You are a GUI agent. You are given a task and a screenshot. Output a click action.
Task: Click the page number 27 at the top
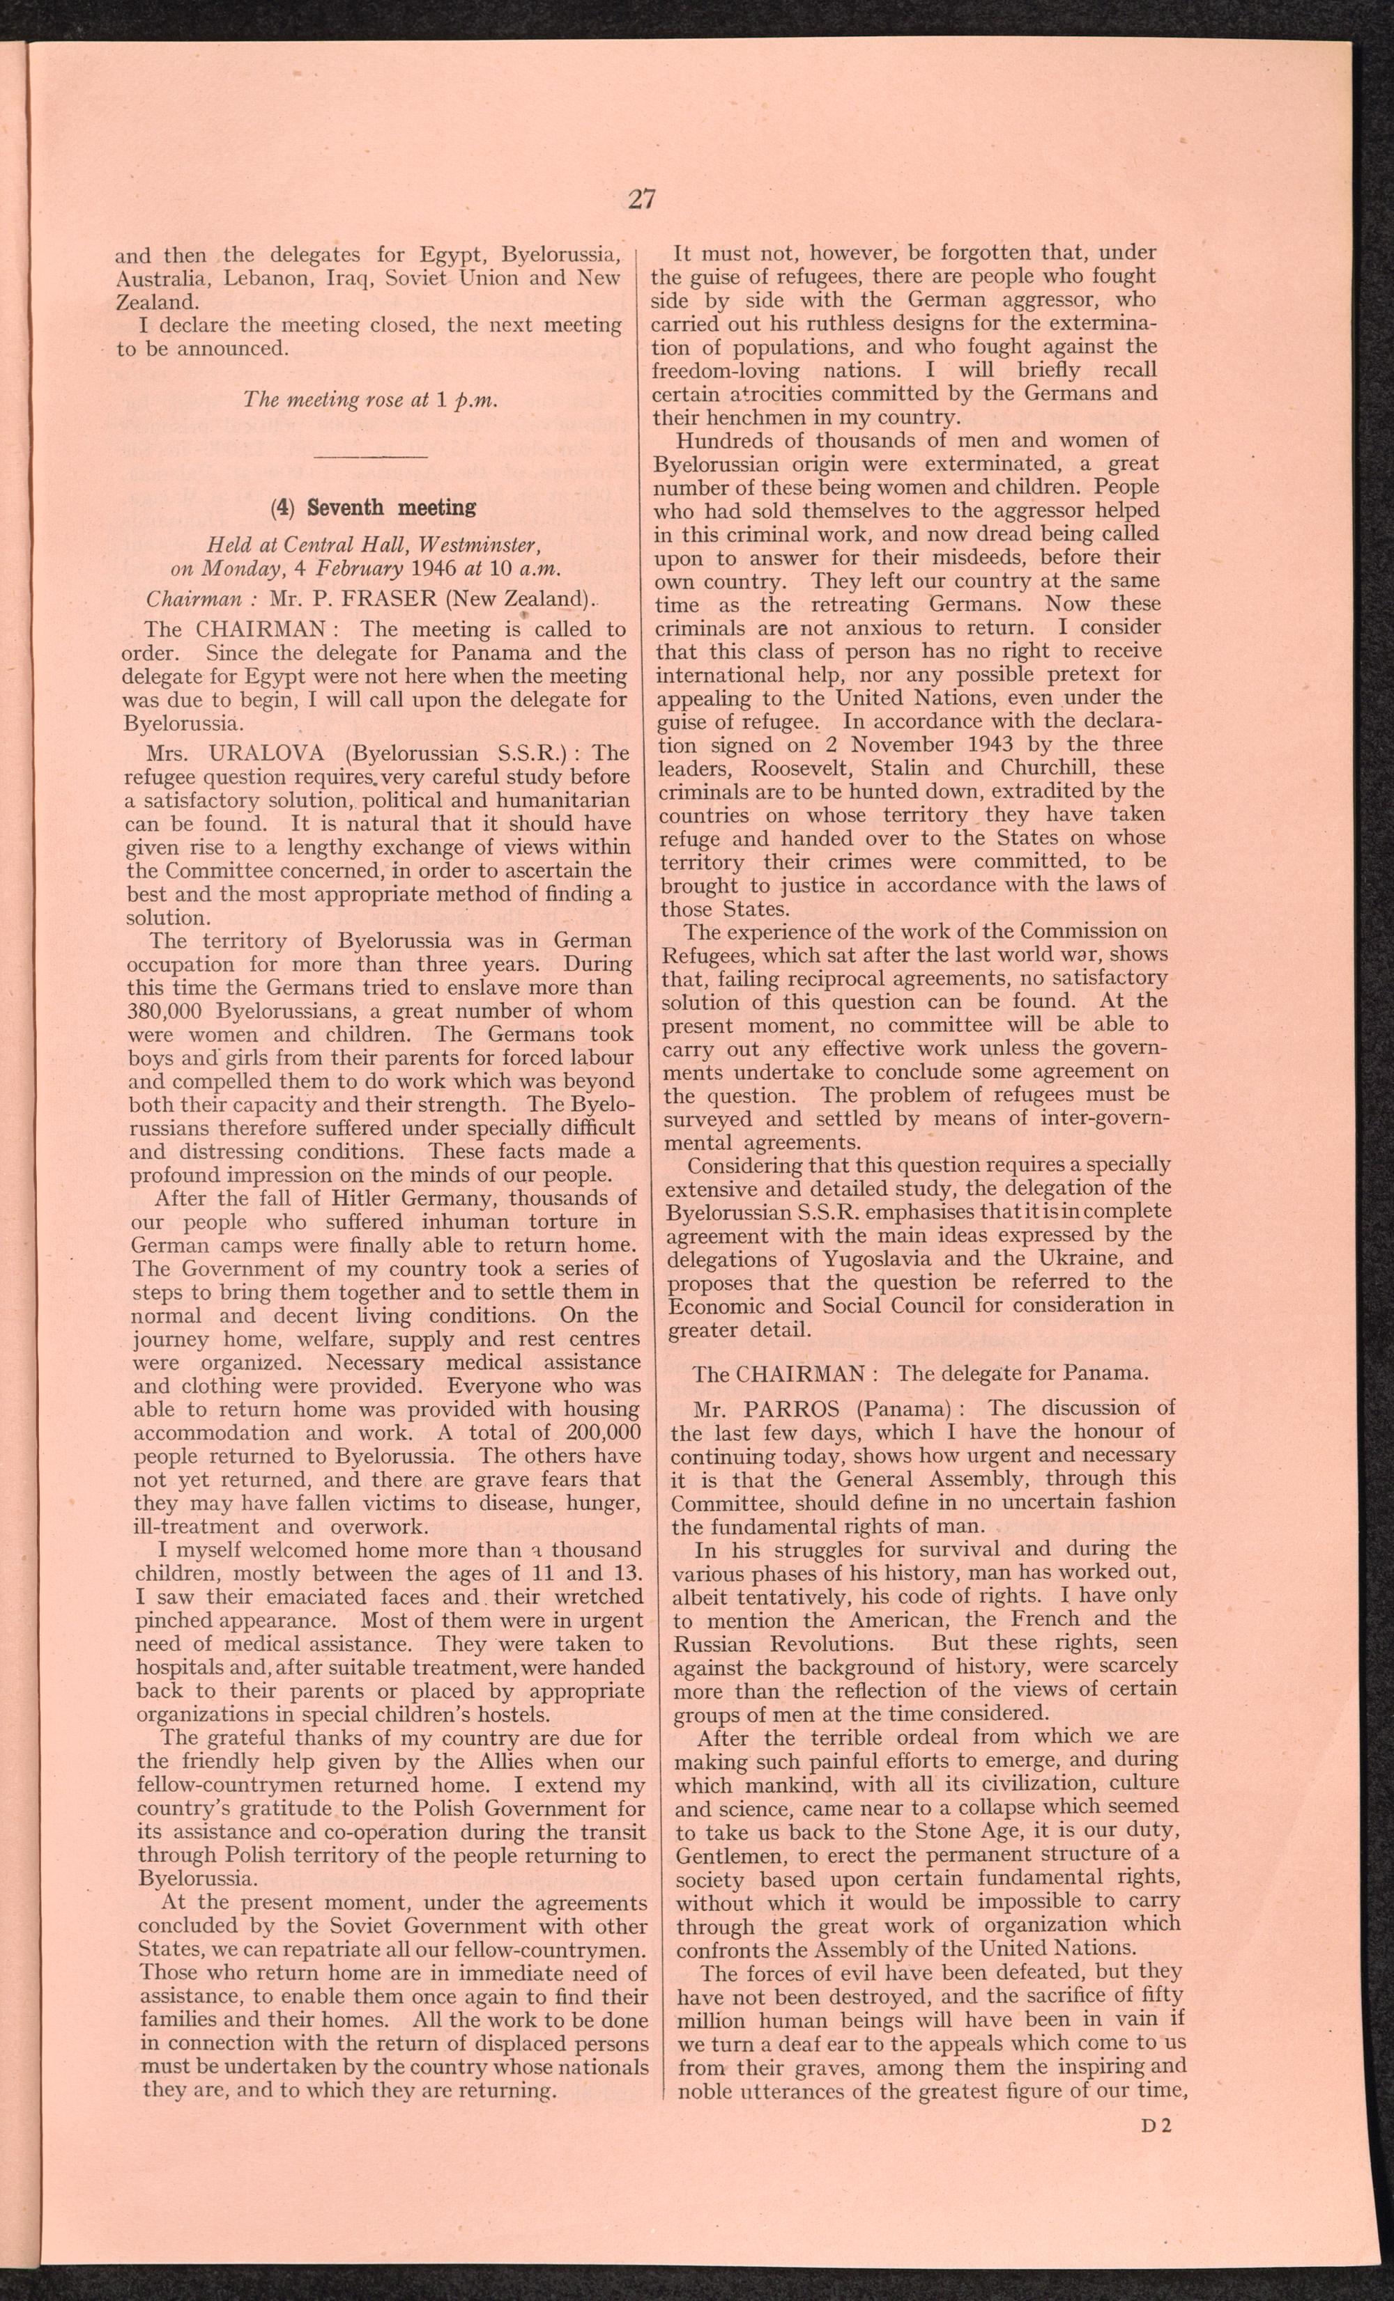[x=642, y=199]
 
